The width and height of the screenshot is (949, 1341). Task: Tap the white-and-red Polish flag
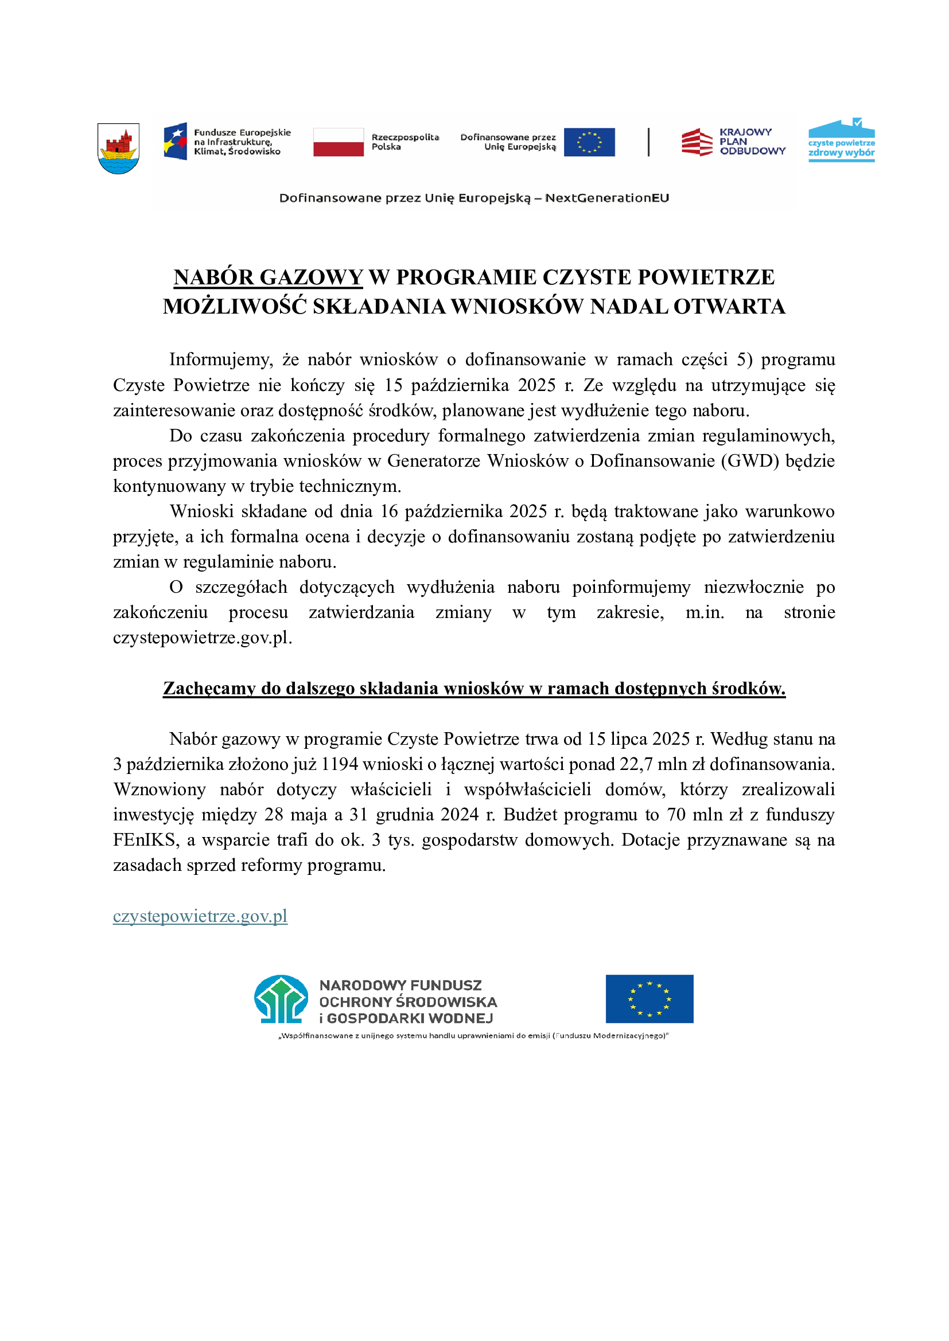(x=339, y=142)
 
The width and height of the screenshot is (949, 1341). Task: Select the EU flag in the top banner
(x=589, y=142)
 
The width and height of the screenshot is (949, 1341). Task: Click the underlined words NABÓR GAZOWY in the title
(x=268, y=277)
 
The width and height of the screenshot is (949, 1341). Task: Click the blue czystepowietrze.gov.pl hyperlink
(x=200, y=916)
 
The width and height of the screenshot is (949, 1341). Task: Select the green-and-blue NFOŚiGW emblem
(x=281, y=999)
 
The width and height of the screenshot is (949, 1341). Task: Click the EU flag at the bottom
(x=649, y=999)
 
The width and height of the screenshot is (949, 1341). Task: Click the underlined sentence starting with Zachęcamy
(x=474, y=689)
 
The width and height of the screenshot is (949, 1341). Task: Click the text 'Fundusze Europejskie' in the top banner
(x=242, y=132)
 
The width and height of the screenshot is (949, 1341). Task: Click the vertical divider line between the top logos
(x=649, y=142)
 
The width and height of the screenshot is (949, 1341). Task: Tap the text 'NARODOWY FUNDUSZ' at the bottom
(x=400, y=986)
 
